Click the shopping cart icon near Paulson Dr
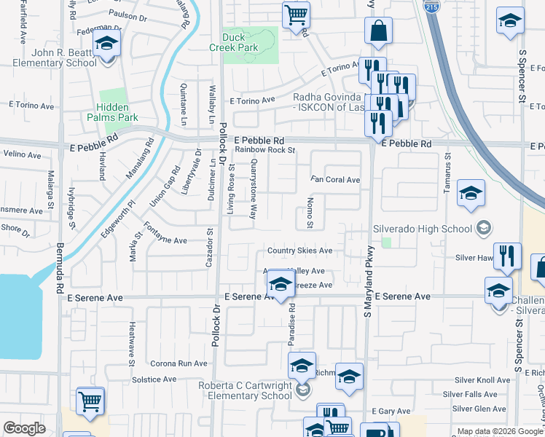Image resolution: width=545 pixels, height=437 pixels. point(296,14)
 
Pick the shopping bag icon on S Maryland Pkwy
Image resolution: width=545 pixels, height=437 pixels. point(378,31)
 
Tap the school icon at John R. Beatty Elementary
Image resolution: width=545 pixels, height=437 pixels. point(107,46)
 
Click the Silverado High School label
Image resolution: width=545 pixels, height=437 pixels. point(423,229)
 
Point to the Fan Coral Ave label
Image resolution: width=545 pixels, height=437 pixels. point(335,180)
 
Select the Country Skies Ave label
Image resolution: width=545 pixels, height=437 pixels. point(299,251)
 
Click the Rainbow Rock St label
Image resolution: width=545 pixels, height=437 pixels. point(264,151)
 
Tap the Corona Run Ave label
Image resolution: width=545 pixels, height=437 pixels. point(179,363)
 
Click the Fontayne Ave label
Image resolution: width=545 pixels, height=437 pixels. point(165,240)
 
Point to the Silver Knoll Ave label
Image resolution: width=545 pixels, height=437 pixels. point(482,380)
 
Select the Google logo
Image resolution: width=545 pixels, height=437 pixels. point(24,428)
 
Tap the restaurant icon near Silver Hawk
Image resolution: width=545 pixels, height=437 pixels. point(507,256)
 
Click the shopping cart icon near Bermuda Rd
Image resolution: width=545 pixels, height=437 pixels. point(90,401)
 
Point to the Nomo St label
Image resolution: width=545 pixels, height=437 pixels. point(310,212)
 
